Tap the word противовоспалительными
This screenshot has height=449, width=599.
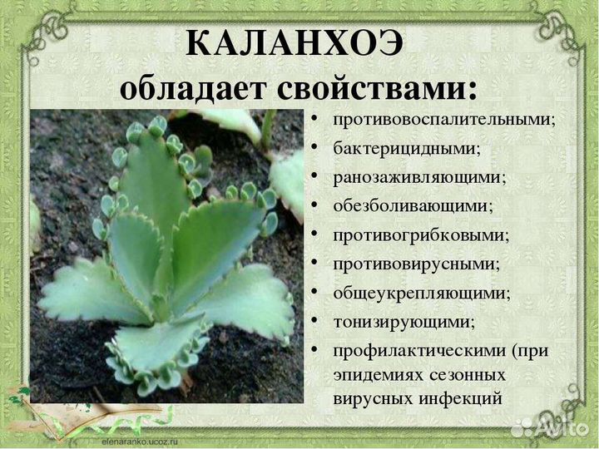pyautogui.click(x=444, y=119)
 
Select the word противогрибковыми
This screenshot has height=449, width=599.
pyautogui.click(x=421, y=234)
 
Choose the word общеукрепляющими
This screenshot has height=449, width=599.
pyautogui.click(x=422, y=293)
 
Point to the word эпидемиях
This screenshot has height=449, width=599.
pyautogui.click(x=374, y=375)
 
